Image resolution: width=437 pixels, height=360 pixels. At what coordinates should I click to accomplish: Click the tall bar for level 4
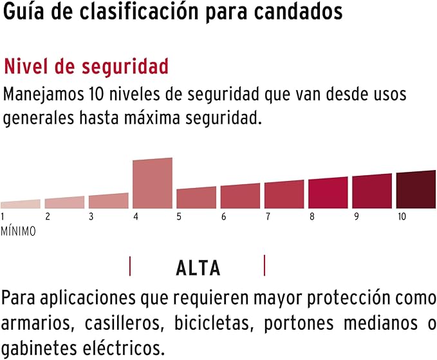pyautogui.click(x=153, y=183)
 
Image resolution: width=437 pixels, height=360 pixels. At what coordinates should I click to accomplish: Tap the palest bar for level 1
pyautogui.click(x=20, y=204)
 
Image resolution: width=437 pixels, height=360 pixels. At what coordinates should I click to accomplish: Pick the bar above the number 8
pyautogui.click(x=328, y=193)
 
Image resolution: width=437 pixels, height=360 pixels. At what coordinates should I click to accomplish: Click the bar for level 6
pyautogui.click(x=240, y=196)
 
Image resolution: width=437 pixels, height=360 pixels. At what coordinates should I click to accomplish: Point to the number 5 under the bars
pyautogui.click(x=179, y=217)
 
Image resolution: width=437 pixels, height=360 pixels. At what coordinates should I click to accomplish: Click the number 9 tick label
pyautogui.click(x=356, y=217)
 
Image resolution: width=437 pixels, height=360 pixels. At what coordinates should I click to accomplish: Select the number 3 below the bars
pyautogui.click(x=91, y=217)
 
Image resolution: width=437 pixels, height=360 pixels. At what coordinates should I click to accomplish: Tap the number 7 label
pyautogui.click(x=267, y=217)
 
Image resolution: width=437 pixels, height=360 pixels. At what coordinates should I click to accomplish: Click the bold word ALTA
pyautogui.click(x=198, y=268)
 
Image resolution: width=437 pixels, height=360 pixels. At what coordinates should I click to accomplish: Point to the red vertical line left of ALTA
pyautogui.click(x=131, y=265)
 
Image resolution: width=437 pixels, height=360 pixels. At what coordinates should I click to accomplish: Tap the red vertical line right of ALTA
pyautogui.click(x=265, y=265)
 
